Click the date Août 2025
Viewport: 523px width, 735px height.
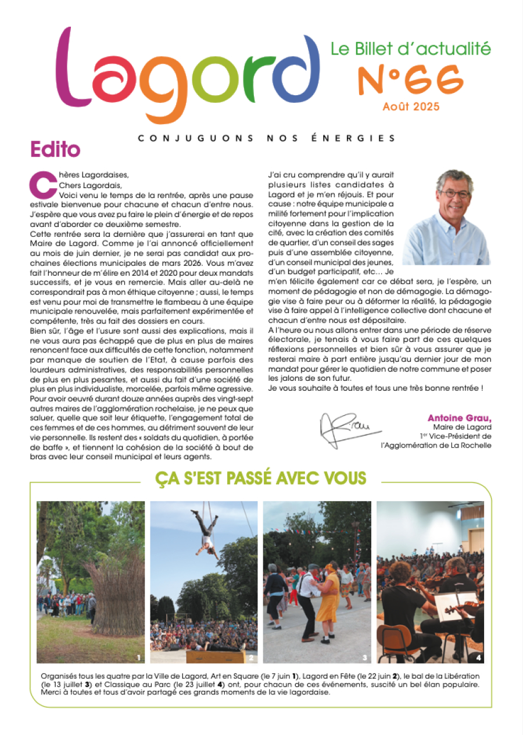click(411, 107)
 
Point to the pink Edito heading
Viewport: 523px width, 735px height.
click(55, 149)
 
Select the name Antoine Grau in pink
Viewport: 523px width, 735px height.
click(459, 418)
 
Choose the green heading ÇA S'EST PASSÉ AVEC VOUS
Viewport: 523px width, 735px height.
click(260, 478)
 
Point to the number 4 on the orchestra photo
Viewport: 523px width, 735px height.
click(478, 658)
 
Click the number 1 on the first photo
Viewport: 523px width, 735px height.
click(139, 658)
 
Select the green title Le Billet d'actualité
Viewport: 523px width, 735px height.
click(410, 49)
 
